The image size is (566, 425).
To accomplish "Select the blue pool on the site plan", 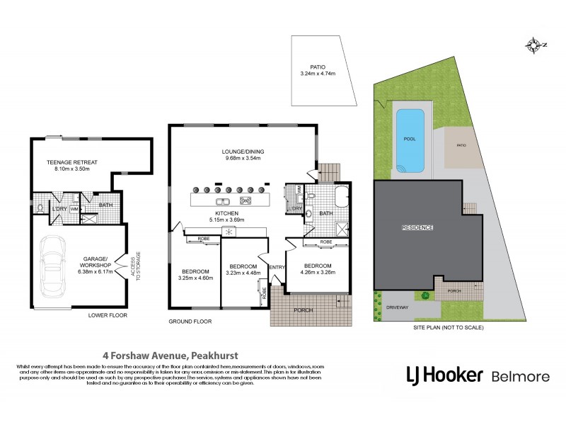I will point(409,142).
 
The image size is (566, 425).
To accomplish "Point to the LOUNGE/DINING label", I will point(241,151).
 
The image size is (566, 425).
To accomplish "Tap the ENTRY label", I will point(276,266).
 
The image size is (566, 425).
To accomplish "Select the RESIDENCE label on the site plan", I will point(417,227).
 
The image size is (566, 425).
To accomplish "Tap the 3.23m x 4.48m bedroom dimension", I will point(241,272).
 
